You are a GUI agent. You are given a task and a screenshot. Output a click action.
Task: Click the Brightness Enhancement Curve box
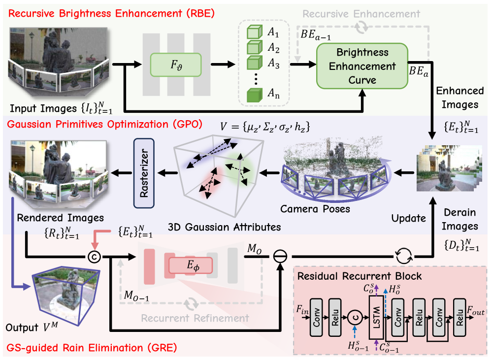(362, 66)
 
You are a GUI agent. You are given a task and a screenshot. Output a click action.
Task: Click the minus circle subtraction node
(282, 256)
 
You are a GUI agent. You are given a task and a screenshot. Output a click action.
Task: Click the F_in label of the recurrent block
(301, 310)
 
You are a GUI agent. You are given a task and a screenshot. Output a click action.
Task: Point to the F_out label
(475, 311)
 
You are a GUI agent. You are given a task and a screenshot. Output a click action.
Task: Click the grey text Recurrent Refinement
(189, 319)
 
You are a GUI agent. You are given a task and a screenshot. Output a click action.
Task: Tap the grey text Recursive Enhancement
(361, 14)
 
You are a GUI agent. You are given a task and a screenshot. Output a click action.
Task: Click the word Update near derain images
(409, 218)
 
